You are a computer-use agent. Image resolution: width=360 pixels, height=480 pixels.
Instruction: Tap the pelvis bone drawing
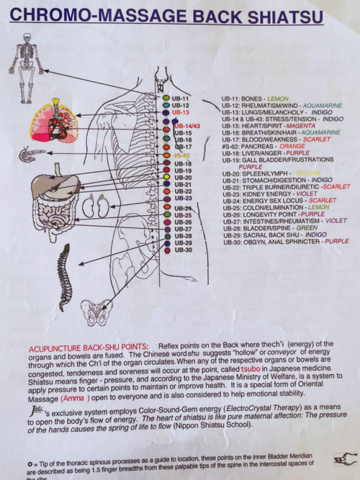tap(95, 312)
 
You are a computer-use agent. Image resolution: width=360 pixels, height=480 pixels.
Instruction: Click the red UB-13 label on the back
tap(181, 113)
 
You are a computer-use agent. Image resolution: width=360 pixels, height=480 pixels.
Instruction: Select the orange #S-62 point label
tap(181, 155)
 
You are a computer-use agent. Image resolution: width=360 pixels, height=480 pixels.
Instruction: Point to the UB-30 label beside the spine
tap(183, 250)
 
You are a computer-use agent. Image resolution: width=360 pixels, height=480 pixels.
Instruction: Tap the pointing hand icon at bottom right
tap(344, 458)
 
